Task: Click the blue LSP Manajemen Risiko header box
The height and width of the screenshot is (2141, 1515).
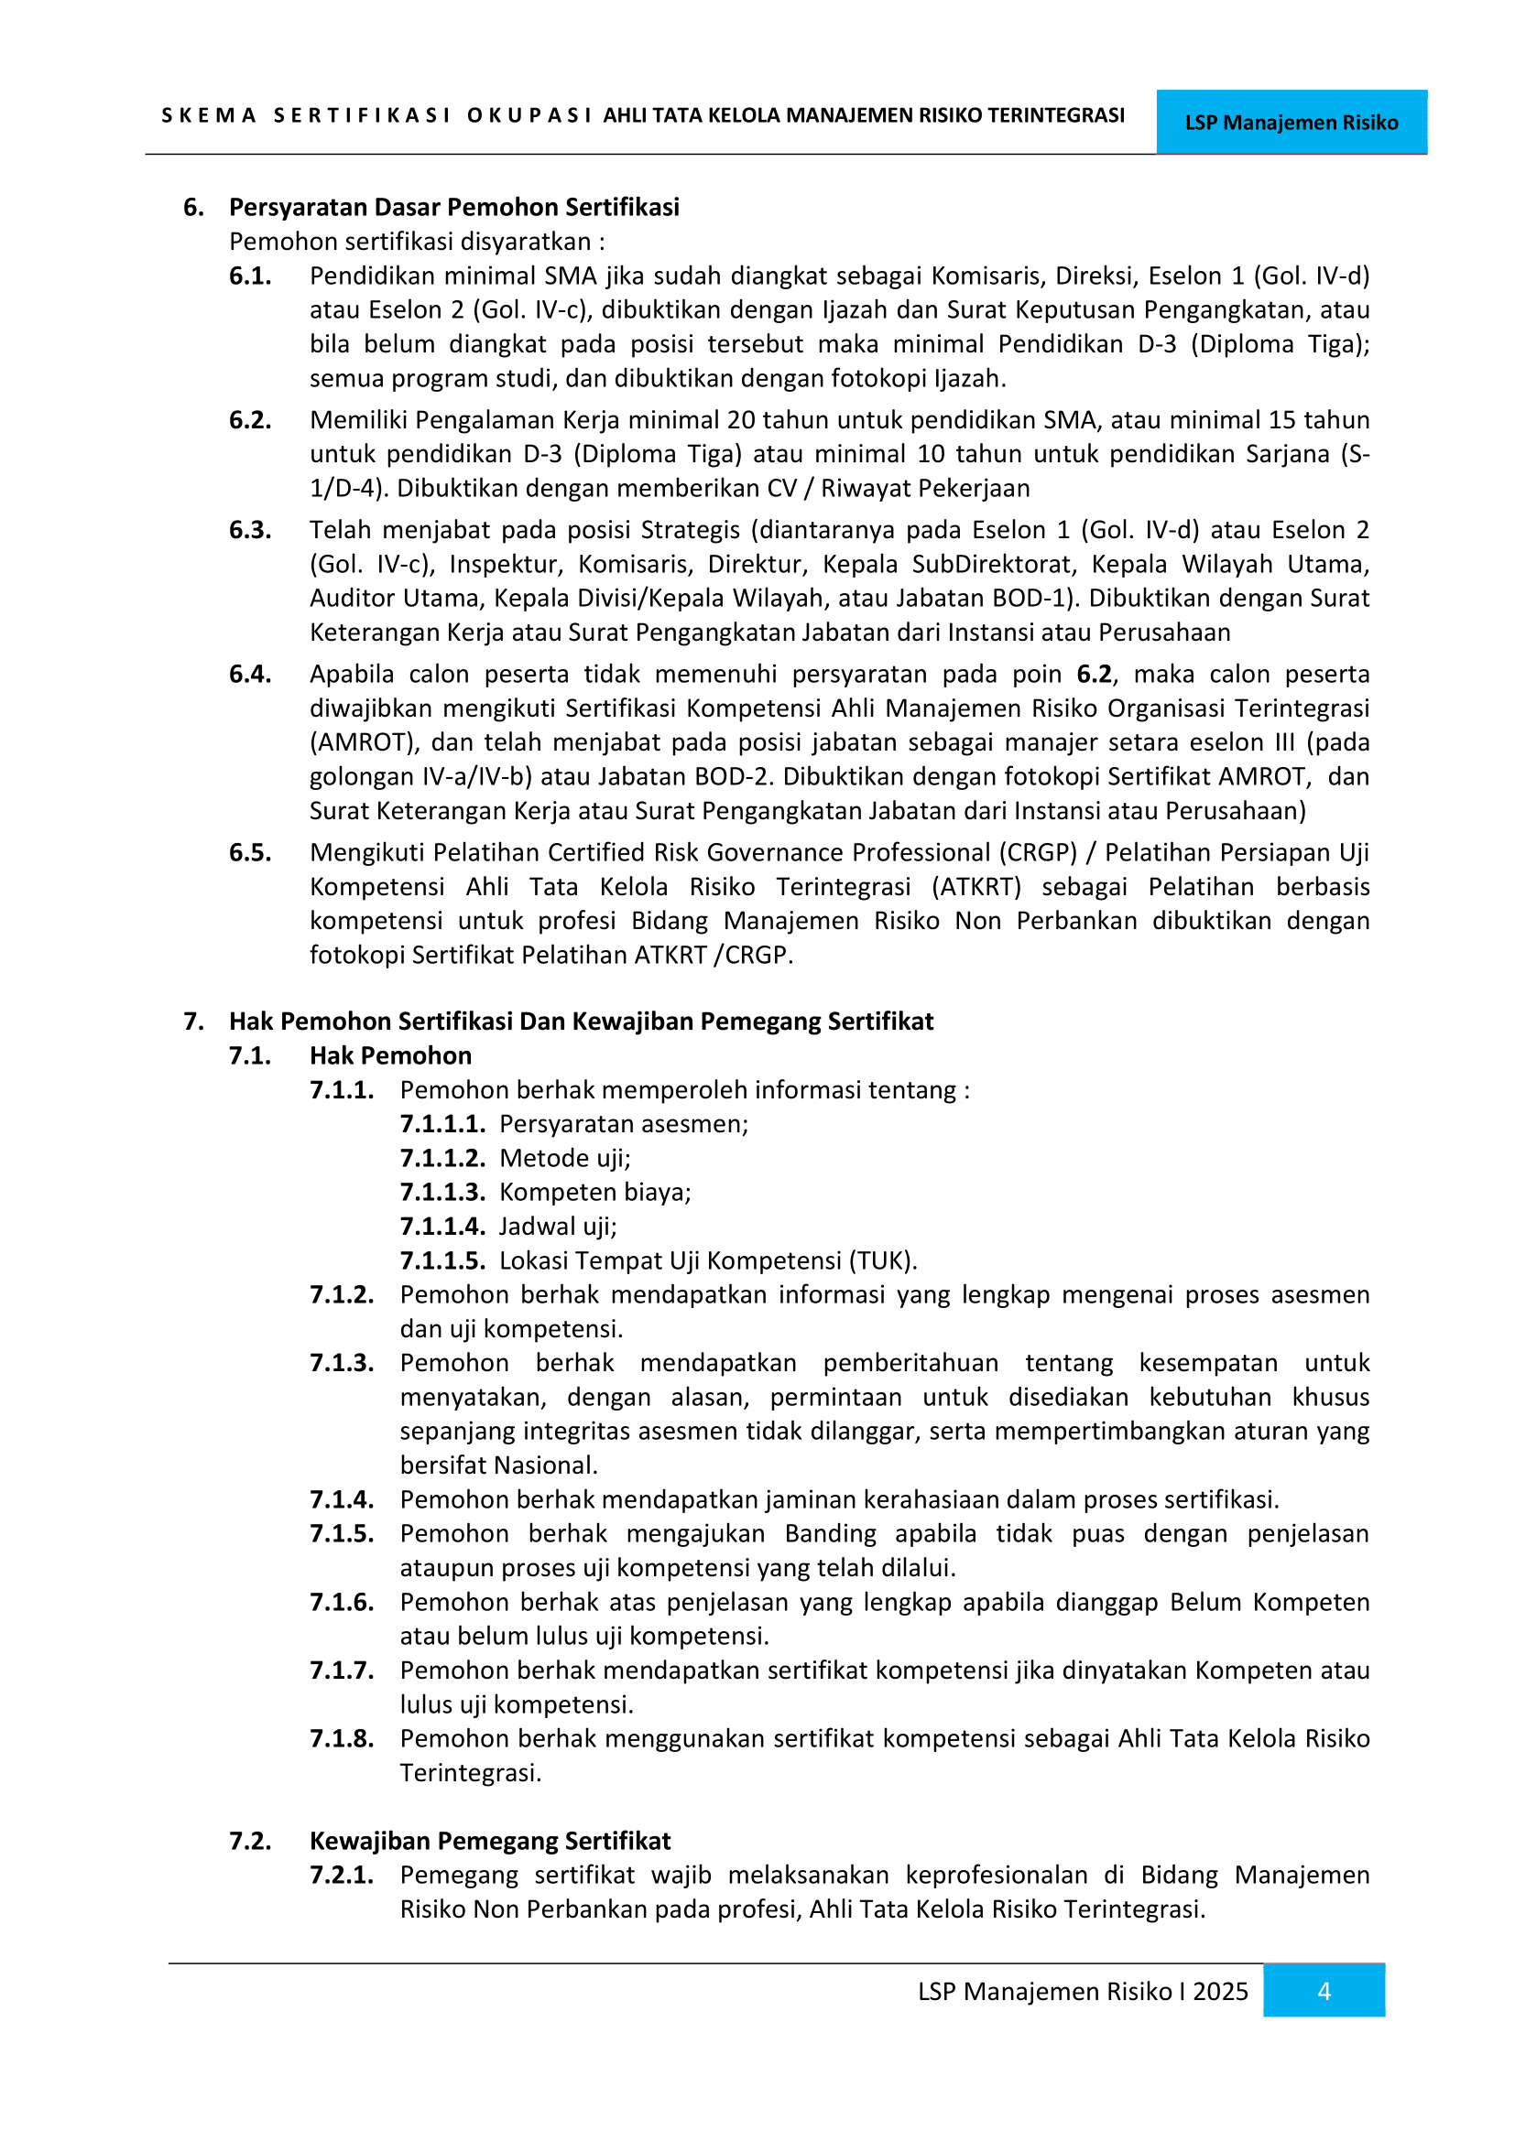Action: click(1292, 122)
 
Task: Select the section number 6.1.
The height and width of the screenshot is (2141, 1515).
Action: click(250, 276)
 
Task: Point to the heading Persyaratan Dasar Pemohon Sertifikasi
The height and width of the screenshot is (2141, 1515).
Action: click(453, 207)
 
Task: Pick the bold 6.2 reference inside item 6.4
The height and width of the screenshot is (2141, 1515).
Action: click(1094, 675)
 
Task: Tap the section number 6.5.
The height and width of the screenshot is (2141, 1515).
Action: click(250, 852)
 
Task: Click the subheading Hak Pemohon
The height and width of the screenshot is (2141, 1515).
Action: click(390, 1055)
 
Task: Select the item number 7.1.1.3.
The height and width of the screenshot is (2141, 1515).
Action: click(442, 1192)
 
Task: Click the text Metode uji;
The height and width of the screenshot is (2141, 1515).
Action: click(565, 1158)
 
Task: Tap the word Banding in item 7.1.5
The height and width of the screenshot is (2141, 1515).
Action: click(830, 1534)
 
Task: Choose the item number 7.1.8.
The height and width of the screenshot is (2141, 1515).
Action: click(342, 1738)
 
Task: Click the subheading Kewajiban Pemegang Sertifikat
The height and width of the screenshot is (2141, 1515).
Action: click(490, 1841)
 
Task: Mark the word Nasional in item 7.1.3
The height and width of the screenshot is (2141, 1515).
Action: click(550, 1465)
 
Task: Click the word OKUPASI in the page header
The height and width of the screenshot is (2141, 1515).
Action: click(529, 115)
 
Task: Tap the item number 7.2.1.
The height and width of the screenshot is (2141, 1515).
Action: click(342, 1876)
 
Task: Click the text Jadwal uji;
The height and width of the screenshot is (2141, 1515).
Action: click(558, 1227)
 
